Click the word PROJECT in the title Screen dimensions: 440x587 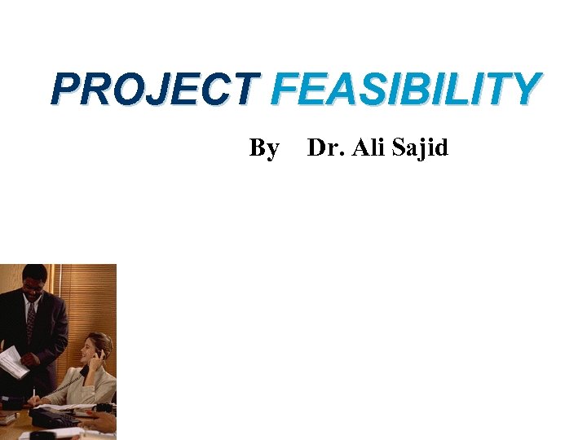point(155,90)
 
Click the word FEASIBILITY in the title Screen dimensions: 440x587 point(405,90)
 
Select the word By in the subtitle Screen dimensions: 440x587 point(264,148)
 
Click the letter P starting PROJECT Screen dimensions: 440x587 point(64,90)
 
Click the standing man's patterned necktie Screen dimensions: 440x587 point(31,322)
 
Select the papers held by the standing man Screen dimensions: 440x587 point(11,361)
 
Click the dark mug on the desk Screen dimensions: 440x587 point(104,407)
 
